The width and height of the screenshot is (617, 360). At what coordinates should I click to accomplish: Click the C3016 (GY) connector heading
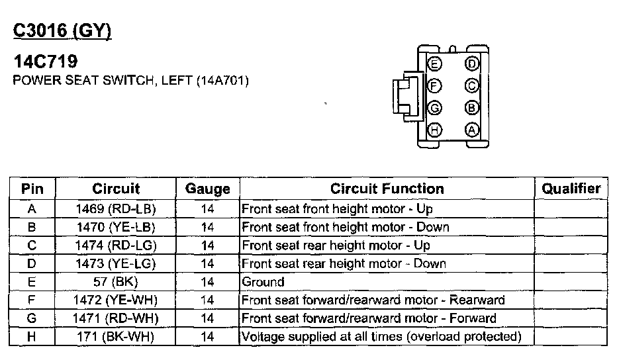click(62, 30)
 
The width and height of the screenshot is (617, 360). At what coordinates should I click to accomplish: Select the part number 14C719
click(45, 62)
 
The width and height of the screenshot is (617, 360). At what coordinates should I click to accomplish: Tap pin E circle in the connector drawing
click(434, 64)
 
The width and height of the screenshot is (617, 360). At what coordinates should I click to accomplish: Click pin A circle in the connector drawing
click(472, 130)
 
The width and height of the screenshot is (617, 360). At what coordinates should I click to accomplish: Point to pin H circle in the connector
click(434, 130)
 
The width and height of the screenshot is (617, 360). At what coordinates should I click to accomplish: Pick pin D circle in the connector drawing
click(472, 64)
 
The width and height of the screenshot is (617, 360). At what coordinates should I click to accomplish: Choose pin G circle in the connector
click(434, 108)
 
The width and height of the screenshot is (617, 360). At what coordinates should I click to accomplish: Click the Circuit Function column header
click(387, 189)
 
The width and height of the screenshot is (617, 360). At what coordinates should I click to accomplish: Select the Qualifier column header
click(571, 189)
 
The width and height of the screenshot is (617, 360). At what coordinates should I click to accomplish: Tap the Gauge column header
click(207, 189)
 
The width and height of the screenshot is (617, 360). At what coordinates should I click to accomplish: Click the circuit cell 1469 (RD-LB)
click(116, 208)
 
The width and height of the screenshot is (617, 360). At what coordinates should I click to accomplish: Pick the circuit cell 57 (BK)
click(116, 282)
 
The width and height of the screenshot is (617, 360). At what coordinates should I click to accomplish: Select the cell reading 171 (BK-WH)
click(116, 337)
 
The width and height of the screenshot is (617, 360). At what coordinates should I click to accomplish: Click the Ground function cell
click(263, 282)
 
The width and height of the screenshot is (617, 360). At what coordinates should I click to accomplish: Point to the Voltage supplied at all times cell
click(382, 337)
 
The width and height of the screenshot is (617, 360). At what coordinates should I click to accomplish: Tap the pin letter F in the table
click(32, 300)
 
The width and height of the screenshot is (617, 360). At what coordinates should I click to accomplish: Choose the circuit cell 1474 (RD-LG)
click(116, 246)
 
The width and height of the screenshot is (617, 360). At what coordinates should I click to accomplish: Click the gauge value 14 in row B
click(207, 227)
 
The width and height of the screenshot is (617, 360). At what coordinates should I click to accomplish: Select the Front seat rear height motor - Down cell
click(344, 263)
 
